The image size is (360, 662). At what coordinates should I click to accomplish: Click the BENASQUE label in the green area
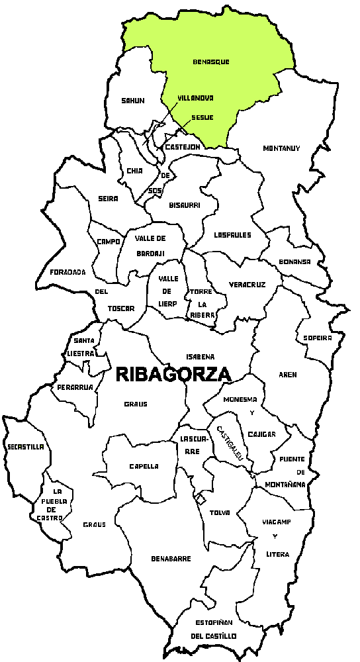pyautogui.click(x=210, y=62)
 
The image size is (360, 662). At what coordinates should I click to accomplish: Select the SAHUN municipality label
pyautogui.click(x=133, y=101)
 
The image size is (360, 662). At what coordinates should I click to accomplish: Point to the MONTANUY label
pyautogui.click(x=281, y=148)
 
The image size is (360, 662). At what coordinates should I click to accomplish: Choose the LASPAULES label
pyautogui.click(x=233, y=235)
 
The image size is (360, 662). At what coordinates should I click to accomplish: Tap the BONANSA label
pyautogui.click(x=294, y=261)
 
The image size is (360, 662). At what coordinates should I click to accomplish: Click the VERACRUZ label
pyautogui.click(x=247, y=285)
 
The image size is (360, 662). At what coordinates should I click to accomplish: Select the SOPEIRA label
pyautogui.click(x=318, y=338)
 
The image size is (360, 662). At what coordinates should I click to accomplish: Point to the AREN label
pyautogui.click(x=288, y=375)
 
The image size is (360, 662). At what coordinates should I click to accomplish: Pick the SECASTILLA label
pyautogui.click(x=26, y=447)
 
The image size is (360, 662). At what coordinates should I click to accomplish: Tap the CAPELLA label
pyautogui.click(x=144, y=466)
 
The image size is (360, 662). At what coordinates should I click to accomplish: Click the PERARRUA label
pyautogui.click(x=74, y=387)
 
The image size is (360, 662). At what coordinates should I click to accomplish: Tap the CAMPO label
pyautogui.click(x=108, y=242)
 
